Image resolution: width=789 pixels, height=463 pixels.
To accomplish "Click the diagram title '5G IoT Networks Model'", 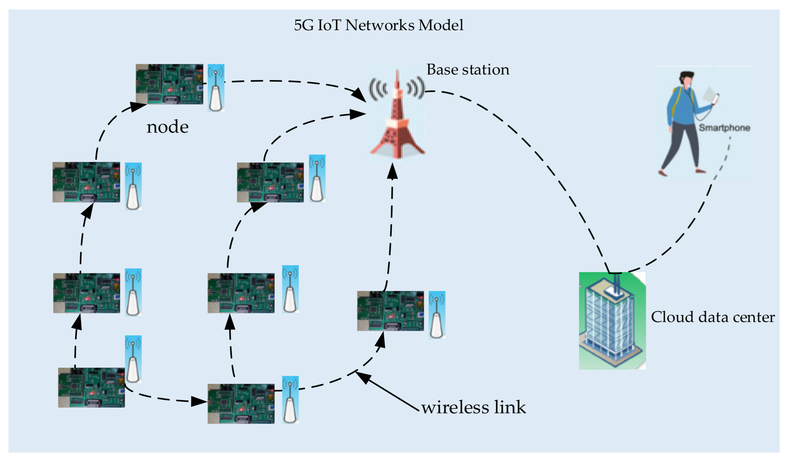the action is coord(379,25).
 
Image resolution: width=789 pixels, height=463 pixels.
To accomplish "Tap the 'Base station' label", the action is coord(468,69).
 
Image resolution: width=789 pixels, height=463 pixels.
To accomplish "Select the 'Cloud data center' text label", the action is coord(713,317).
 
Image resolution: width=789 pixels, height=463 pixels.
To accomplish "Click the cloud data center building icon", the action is coord(612,321).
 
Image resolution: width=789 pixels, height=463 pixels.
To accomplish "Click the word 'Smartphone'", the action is coord(724,128).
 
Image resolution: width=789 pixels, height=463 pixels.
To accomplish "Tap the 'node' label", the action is coord(167,127).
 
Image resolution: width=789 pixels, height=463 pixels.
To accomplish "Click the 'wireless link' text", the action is coord(473,407).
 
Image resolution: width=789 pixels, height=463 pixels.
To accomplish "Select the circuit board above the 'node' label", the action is coord(170,84).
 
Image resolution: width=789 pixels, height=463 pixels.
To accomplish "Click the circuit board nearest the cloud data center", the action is coord(391,311).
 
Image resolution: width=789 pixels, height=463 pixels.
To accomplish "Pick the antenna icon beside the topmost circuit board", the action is coord(216,88).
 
